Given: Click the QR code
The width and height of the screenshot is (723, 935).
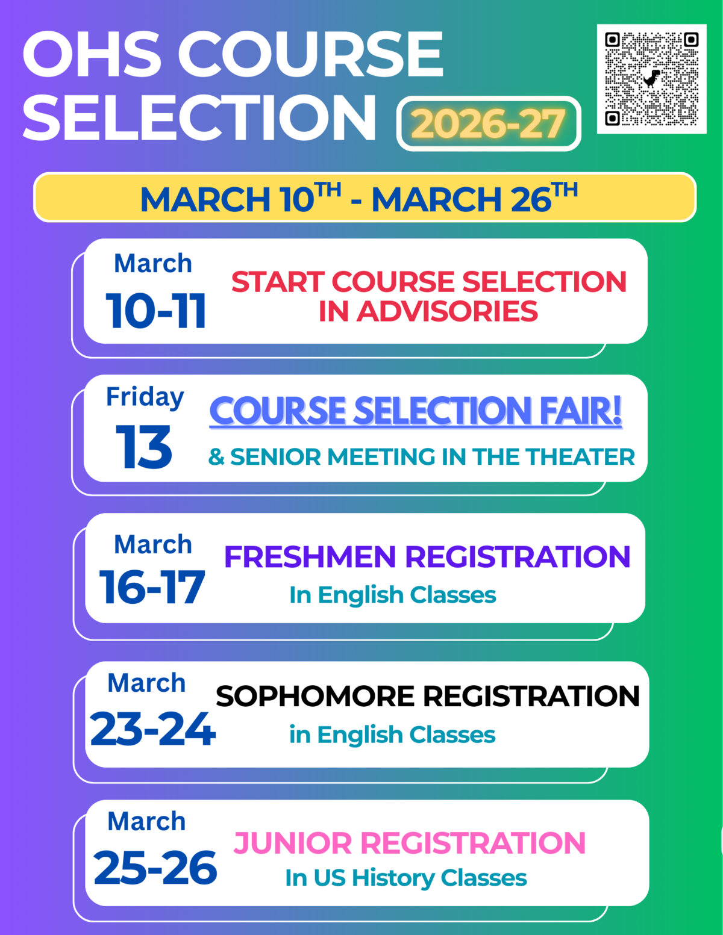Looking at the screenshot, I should click(x=651, y=79).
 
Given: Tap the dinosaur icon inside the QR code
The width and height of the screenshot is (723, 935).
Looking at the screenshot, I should click(x=651, y=78).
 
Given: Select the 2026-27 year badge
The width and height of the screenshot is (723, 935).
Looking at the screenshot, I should click(x=488, y=123).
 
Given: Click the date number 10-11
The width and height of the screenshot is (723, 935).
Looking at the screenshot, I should click(x=156, y=311).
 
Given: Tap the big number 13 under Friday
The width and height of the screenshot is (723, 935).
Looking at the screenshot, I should click(x=144, y=447).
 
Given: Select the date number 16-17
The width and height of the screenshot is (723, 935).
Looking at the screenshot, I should click(x=152, y=588).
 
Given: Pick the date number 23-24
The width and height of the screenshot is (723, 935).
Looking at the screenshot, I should click(x=152, y=729).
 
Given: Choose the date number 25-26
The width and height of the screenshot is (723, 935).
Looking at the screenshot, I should click(x=155, y=868).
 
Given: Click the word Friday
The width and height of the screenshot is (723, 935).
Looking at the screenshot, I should click(x=145, y=397).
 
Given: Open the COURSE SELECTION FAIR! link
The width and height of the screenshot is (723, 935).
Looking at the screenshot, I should click(x=415, y=411).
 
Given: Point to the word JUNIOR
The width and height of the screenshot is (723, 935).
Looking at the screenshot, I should click(x=292, y=843).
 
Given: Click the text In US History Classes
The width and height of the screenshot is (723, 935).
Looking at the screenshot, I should click(x=405, y=878).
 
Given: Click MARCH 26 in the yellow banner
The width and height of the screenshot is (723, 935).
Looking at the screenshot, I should click(x=462, y=199).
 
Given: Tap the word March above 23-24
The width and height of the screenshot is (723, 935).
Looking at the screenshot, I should click(x=146, y=683).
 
